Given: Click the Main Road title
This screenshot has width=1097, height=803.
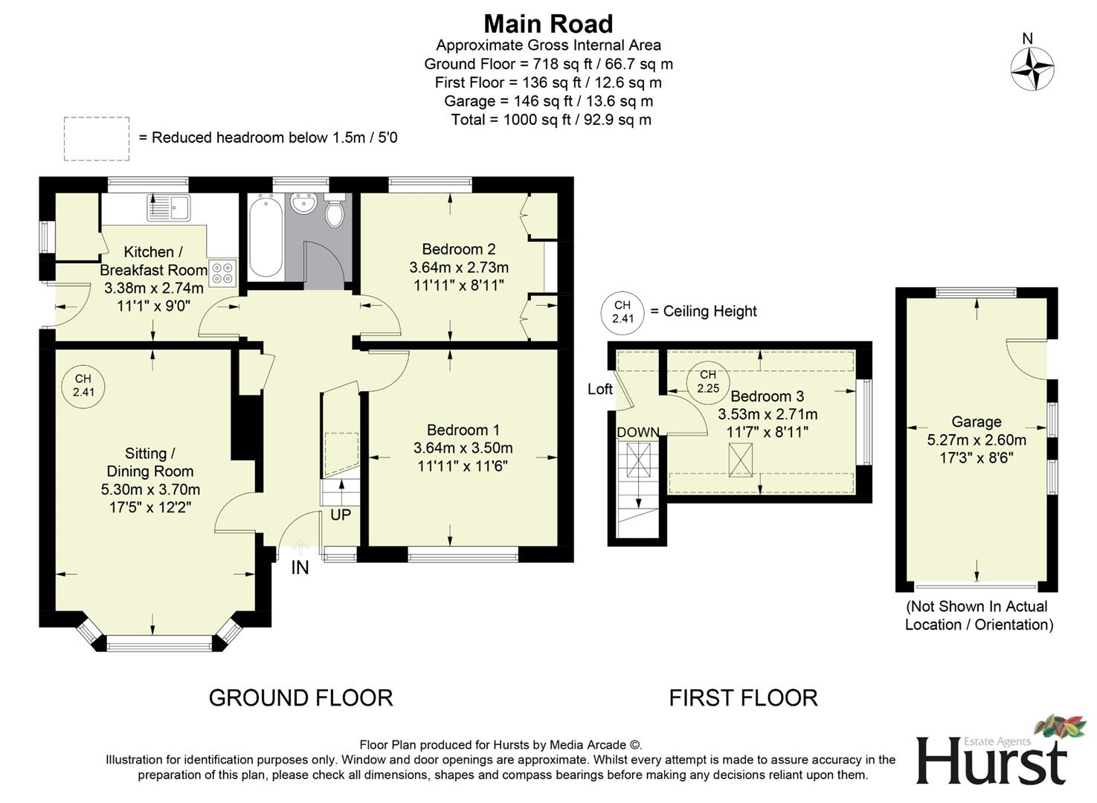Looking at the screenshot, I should coord(548,24).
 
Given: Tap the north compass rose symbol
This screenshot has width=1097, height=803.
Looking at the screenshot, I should coord(1032,68).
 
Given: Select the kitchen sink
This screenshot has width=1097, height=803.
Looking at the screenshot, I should coord(169,207).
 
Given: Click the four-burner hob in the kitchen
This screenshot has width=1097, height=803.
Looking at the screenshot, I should coord(222,273).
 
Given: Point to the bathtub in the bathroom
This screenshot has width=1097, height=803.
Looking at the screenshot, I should coord(265,236).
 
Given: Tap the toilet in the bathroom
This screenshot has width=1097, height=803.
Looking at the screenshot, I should coord(335,211).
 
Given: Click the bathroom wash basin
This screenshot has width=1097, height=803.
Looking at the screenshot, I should coord(303,202).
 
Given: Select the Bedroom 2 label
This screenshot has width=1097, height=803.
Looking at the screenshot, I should coord(458,249).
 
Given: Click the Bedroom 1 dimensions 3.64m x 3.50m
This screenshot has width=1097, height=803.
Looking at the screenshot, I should coord(463,448).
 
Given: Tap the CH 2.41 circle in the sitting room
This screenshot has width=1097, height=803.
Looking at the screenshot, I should coord(83,386).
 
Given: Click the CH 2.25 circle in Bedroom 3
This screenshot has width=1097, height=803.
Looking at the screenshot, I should coord(707,381).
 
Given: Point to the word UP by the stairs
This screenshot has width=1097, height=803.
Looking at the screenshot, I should coord(340,515).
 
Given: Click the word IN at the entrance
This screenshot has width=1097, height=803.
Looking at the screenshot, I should coord(300,568).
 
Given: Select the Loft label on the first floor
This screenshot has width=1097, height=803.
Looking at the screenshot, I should coord(599,389).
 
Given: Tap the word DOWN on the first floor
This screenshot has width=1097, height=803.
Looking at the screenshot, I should coord(637,433).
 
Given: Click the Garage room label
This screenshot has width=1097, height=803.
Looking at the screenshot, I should coord(976,422).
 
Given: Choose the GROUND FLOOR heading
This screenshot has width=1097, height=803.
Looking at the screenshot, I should coord(300,697).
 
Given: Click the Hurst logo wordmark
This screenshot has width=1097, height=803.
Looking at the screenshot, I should coord(991,761).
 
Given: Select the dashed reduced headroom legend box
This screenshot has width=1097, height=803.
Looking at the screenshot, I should coord(97,138).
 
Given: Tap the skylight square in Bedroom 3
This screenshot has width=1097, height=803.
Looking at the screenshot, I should coord(739,459).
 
